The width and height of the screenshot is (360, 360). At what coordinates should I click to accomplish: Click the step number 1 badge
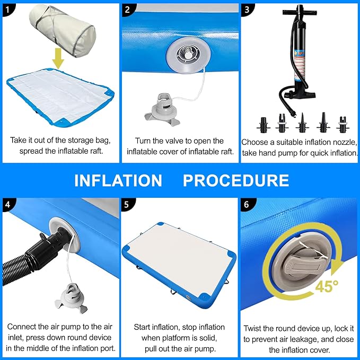pos(7,10)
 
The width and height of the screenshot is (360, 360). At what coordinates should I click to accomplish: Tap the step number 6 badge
pos(247,204)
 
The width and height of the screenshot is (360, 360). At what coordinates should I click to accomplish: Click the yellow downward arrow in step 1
pos(58,58)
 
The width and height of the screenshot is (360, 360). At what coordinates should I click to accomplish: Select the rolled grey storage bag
pos(63,30)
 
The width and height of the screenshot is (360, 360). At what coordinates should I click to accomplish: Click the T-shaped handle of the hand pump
pos(300,12)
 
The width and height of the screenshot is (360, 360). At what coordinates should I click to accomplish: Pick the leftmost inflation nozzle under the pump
pos(264,125)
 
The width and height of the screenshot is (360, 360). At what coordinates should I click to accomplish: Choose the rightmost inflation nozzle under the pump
pos(343,125)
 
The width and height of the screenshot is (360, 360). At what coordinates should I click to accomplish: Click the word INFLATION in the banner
pos(118,180)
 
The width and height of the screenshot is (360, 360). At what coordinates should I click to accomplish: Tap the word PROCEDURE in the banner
pos(236,180)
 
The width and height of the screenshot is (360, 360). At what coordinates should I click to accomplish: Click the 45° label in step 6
pos(327,286)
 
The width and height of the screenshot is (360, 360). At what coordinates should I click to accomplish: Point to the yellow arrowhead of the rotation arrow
pos(337,265)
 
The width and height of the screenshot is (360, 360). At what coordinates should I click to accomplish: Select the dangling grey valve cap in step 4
pos(72,298)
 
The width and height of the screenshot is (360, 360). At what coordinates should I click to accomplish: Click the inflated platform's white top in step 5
pos(178,257)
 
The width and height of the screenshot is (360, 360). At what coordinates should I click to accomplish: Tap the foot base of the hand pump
pos(300,94)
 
